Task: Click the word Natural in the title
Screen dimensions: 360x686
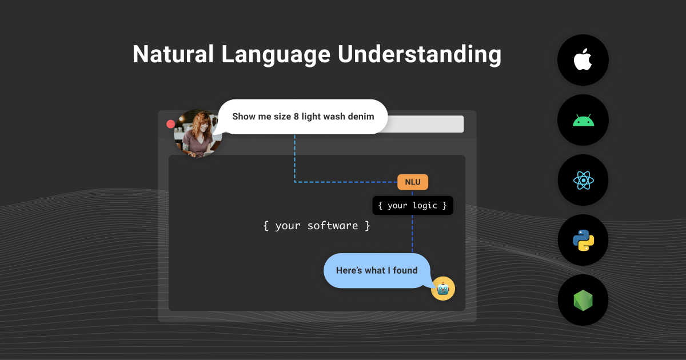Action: point(173,54)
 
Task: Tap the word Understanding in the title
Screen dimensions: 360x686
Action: point(420,54)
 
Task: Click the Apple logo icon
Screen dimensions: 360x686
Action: point(583,60)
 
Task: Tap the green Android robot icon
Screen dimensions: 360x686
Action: point(583,121)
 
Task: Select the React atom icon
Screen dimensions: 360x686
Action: point(583,181)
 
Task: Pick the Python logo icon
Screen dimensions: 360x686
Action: point(583,240)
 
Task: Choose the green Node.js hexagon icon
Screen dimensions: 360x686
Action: point(583,300)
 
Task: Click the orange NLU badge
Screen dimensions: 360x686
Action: point(412,182)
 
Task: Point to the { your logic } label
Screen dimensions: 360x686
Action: point(412,206)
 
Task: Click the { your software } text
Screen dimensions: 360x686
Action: point(317,226)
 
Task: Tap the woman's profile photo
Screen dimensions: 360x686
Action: point(197,133)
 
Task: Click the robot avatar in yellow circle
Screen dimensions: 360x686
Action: point(443,289)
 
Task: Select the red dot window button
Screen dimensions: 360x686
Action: point(170,124)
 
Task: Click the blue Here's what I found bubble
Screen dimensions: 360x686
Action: point(376,270)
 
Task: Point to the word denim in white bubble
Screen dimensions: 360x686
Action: point(361,117)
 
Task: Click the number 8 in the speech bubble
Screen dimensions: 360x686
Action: point(296,117)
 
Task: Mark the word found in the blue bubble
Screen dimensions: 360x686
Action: point(405,270)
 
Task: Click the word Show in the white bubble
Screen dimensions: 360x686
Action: point(243,117)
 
